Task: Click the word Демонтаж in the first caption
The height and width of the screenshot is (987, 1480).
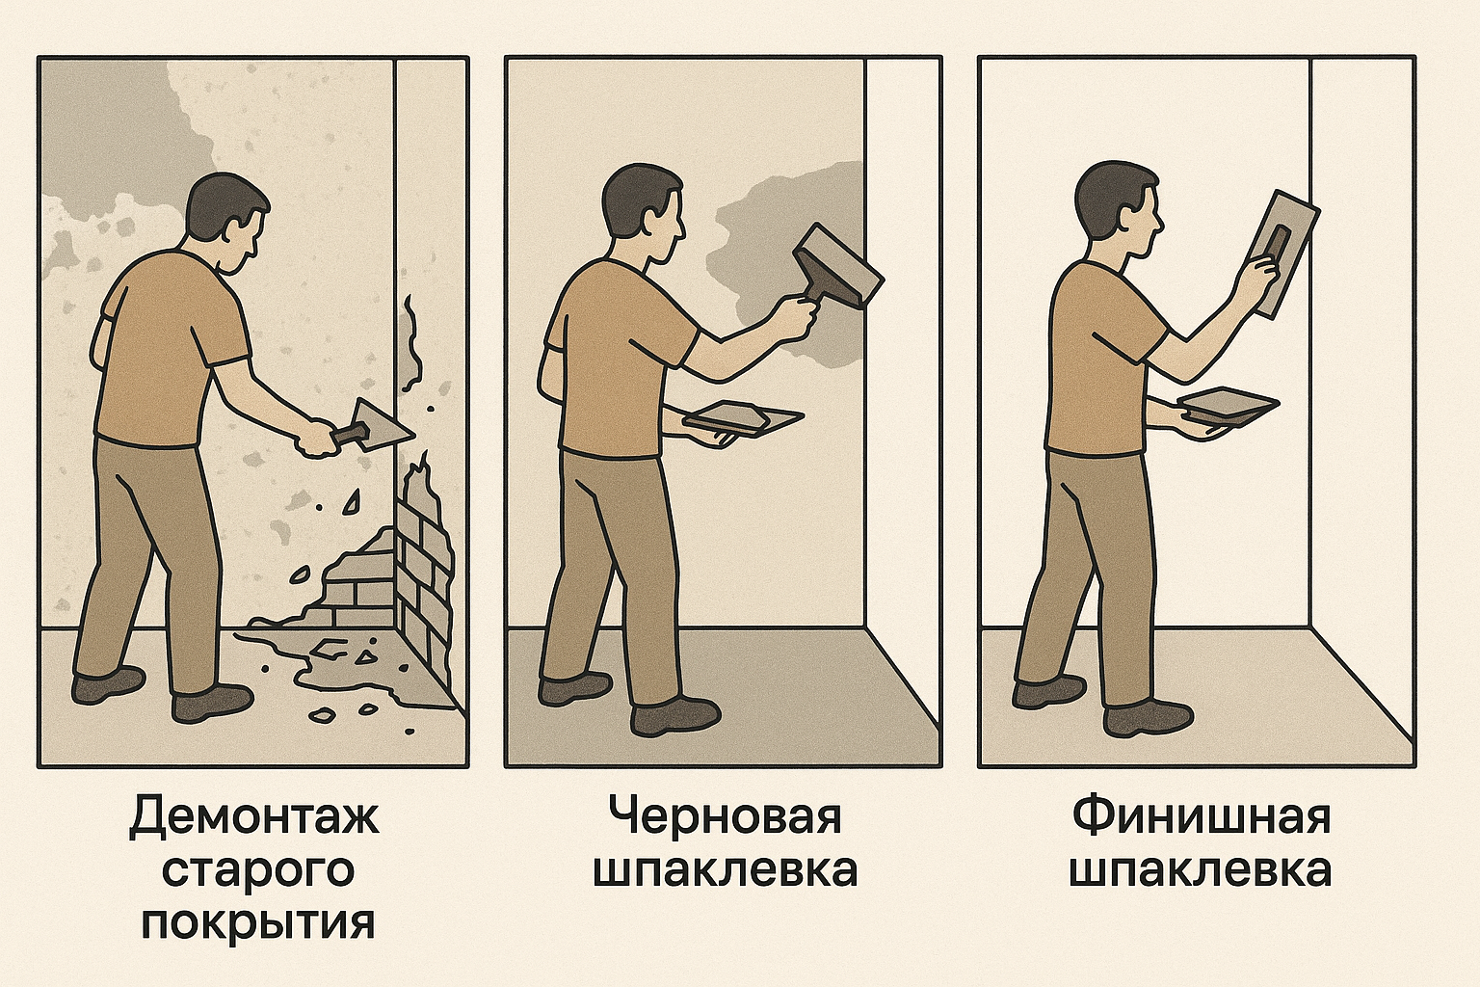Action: pyautogui.click(x=254, y=817)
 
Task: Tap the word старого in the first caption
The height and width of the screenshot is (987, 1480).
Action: pyautogui.click(x=257, y=870)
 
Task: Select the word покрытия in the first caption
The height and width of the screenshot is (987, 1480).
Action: pyautogui.click(x=257, y=922)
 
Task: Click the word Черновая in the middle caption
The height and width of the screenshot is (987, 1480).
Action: pyautogui.click(x=726, y=817)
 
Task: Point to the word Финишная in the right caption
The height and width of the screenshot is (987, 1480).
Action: pyautogui.click(x=1201, y=817)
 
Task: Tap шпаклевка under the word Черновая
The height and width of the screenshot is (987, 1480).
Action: pyautogui.click(x=726, y=870)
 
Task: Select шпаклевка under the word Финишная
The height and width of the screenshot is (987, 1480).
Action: pyautogui.click(x=1201, y=870)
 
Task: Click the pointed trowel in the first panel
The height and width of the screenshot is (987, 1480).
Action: pyautogui.click(x=376, y=427)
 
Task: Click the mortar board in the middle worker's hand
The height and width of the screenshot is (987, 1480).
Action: pyautogui.click(x=742, y=418)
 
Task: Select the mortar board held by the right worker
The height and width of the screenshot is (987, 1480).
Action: pyautogui.click(x=1227, y=405)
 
